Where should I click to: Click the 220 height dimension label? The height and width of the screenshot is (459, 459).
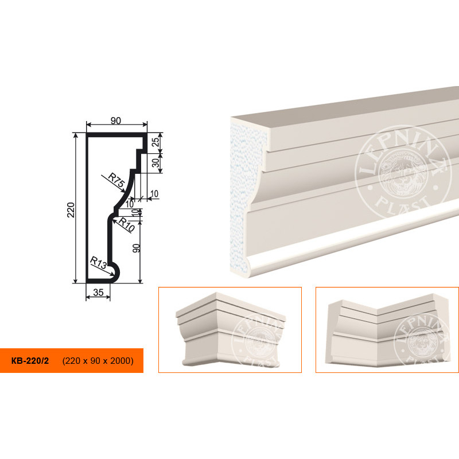(71, 209)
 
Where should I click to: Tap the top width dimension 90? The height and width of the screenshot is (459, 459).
(116, 120)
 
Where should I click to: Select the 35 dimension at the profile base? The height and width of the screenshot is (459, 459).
(98, 292)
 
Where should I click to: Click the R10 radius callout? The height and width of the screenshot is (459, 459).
(126, 225)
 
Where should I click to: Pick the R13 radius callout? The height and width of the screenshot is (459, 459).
(98, 263)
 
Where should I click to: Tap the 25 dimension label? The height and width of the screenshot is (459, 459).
(156, 142)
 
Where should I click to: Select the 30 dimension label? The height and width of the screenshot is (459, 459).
(156, 162)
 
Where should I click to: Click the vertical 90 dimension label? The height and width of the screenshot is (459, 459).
(137, 248)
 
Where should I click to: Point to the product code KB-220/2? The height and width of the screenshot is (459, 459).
(30, 361)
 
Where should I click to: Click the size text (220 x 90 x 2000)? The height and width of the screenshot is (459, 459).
(98, 361)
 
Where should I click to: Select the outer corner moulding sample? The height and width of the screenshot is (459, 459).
(231, 329)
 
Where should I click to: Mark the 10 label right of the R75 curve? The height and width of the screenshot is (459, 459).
(154, 193)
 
